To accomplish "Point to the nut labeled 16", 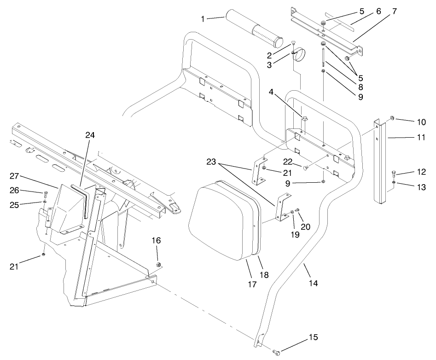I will (159, 264).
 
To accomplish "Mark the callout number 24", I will (90, 135).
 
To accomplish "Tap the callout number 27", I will (14, 175).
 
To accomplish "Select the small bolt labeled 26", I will (45, 194).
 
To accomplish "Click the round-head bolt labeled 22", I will (306, 168).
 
